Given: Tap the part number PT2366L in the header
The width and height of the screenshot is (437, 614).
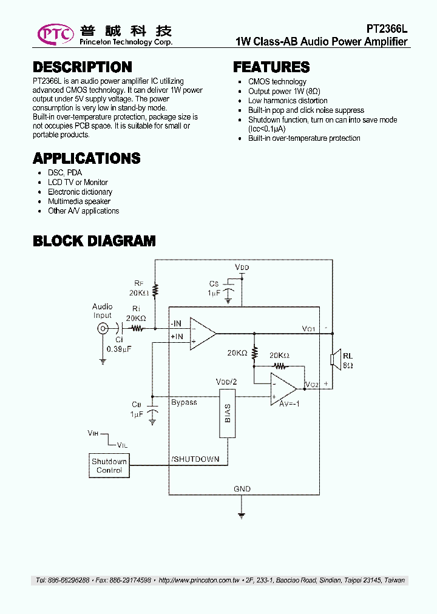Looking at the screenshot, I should point(387,29).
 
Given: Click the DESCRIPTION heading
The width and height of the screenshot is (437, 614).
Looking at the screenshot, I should point(82,67).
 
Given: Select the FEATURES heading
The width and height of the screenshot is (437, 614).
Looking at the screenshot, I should point(271,67).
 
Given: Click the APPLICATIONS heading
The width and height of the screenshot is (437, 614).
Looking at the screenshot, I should point(86,158).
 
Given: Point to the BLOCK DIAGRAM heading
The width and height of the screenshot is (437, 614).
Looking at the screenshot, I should point(94,241).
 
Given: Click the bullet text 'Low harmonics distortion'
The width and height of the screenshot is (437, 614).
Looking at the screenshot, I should point(288,101).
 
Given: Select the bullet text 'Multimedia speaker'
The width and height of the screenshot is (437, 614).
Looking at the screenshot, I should point(79,201).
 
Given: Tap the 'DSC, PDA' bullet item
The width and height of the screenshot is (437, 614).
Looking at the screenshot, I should point(65,173).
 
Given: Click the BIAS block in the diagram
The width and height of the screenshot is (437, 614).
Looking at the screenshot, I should point(228,419).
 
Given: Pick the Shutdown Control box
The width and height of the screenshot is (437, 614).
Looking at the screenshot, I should point(109,465).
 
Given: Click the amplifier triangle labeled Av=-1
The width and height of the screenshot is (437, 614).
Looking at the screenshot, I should point(283,389).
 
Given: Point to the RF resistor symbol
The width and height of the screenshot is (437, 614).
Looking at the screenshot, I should point(155,291).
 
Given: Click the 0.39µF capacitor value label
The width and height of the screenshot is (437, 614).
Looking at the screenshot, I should point(118,349).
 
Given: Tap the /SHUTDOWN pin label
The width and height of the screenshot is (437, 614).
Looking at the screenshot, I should point(195,459).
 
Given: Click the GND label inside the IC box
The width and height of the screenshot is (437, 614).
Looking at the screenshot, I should point(242,488).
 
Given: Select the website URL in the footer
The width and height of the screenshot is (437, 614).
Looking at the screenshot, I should point(198,581).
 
